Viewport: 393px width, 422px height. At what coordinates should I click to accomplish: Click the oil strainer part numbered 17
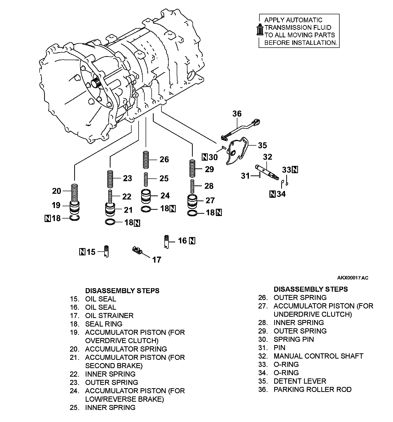click(x=137, y=250)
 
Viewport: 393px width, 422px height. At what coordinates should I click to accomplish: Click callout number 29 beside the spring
click(x=209, y=169)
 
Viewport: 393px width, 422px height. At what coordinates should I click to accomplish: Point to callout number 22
click(x=127, y=197)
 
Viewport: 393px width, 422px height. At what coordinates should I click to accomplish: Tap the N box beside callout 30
click(x=205, y=157)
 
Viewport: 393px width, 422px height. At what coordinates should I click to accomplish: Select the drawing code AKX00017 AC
click(x=353, y=278)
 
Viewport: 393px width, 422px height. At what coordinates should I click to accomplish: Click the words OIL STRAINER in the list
click(x=109, y=315)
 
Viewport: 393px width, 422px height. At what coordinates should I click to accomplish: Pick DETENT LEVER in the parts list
click(x=300, y=381)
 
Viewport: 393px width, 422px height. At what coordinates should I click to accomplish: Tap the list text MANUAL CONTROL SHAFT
click(x=318, y=356)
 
